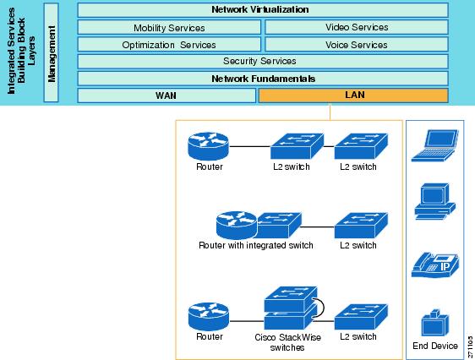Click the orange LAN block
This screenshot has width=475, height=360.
[x=353, y=95]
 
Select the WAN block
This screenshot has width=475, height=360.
[x=167, y=95]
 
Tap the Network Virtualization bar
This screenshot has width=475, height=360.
[x=263, y=10]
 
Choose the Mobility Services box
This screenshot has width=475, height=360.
[x=169, y=28]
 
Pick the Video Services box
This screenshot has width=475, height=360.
[x=357, y=27]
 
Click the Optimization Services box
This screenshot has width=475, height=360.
[x=169, y=45]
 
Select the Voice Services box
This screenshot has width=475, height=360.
[x=357, y=45]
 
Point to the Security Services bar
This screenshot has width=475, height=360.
[x=263, y=62]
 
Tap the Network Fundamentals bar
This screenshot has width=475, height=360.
[x=263, y=79]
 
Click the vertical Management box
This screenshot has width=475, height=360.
[x=51, y=52]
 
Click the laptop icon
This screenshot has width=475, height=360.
[x=435, y=145]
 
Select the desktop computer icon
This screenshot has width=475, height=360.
[x=435, y=201]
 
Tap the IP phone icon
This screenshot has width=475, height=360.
[x=435, y=265]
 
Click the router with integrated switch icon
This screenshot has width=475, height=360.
[x=259, y=226]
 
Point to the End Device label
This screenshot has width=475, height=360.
[x=435, y=346]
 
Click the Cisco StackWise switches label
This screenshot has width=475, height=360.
[x=287, y=342]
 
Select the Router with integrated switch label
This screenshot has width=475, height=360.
[x=256, y=245]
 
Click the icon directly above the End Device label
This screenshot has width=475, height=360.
[x=435, y=323]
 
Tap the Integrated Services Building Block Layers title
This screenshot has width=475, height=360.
[x=21, y=52]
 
